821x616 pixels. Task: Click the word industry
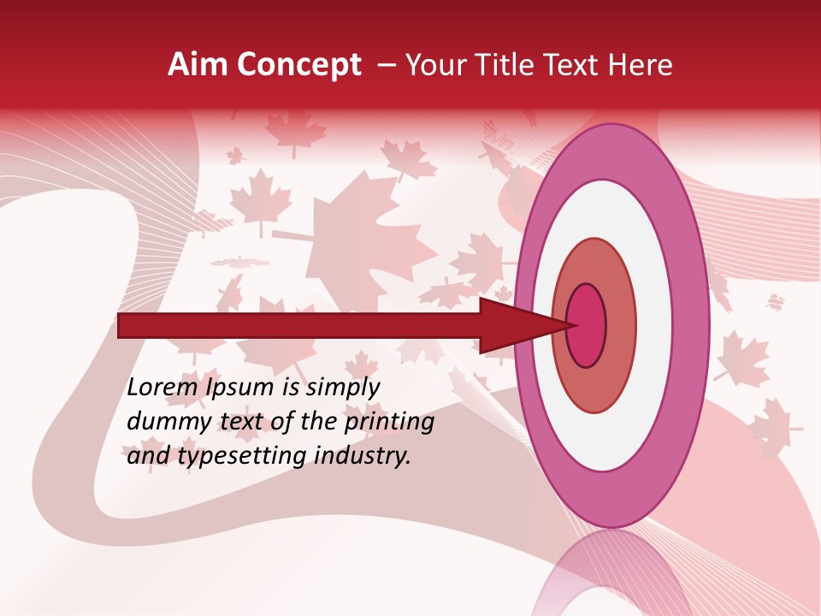(x=363, y=456)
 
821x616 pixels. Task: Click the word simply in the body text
(x=341, y=388)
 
